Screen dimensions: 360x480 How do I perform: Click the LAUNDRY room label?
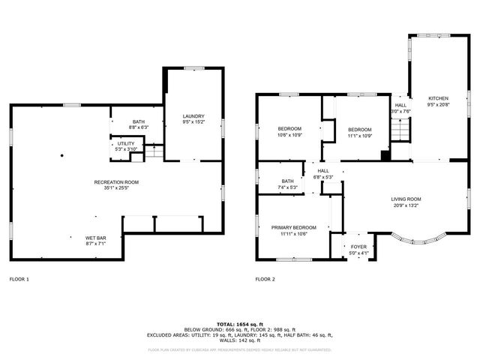click(193, 115)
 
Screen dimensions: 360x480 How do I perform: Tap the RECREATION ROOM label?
click(116, 182)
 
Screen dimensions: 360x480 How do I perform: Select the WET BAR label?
click(95, 238)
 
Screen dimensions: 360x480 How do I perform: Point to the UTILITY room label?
click(126, 144)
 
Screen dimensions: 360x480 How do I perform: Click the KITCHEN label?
click(438, 99)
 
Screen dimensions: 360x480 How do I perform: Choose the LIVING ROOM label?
click(406, 199)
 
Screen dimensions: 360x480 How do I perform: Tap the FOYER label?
click(359, 247)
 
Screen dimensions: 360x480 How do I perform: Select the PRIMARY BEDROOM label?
click(294, 227)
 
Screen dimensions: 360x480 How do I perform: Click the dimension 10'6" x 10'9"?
click(289, 135)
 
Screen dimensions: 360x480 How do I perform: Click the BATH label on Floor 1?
click(139, 122)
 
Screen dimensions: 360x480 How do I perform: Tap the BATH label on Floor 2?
click(288, 181)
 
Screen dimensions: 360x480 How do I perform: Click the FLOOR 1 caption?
click(19, 279)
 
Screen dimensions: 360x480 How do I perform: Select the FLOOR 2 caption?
click(265, 279)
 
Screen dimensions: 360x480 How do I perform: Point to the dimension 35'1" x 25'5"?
click(116, 187)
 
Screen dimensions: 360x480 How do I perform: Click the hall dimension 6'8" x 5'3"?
click(323, 177)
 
